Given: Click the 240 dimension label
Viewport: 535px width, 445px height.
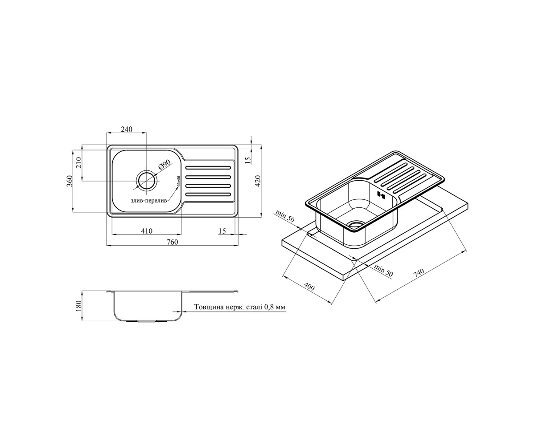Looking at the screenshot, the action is tap(127, 129).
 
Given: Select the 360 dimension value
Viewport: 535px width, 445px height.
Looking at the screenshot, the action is tap(70, 181).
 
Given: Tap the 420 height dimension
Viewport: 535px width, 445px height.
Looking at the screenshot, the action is tap(258, 181).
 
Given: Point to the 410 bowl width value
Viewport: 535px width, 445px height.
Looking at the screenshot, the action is tap(147, 231).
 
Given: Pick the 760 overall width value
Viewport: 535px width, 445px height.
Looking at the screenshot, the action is tap(172, 242).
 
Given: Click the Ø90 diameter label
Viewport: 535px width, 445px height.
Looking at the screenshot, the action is tap(165, 165).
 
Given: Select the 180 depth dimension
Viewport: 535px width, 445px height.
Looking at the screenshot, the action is tap(78, 306).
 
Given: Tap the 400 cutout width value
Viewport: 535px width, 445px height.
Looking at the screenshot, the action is tap(309, 287).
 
